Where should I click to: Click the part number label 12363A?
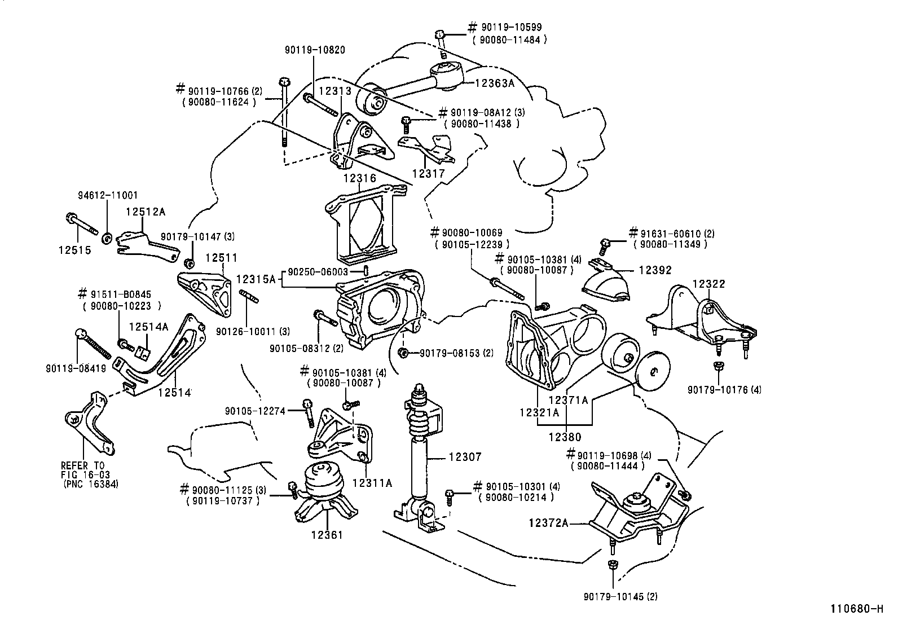(495, 83)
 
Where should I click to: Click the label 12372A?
(548, 523)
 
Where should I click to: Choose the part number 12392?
(655, 270)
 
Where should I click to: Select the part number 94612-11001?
(107, 195)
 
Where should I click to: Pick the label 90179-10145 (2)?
(620, 596)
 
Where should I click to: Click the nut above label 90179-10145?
(611, 565)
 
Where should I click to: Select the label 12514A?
(148, 327)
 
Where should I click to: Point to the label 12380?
(565, 437)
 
